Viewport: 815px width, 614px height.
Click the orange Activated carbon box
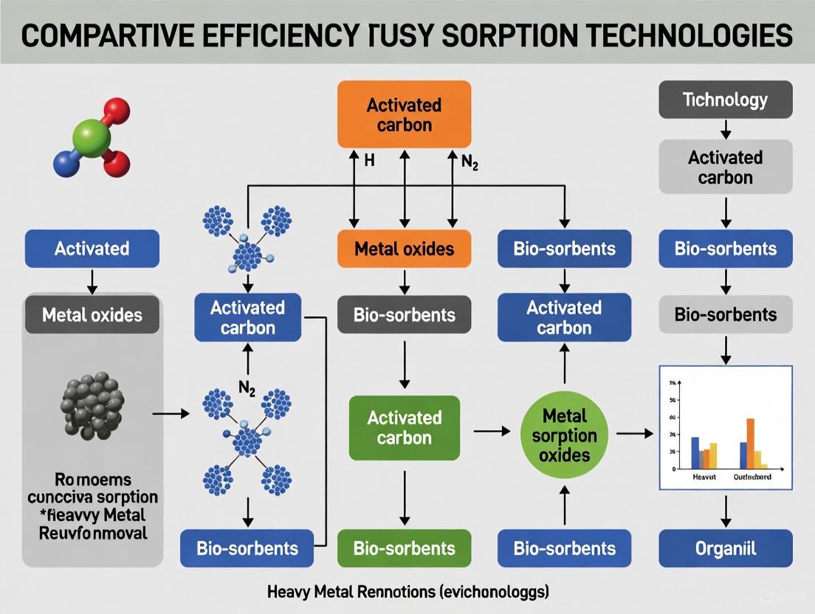tap(404, 114)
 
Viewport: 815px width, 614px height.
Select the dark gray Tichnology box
tap(725, 100)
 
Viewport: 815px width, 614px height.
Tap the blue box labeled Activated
tap(92, 248)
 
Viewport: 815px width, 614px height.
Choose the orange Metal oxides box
tap(404, 248)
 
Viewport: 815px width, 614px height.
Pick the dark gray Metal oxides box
tap(92, 315)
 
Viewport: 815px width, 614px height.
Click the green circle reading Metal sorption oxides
tap(564, 435)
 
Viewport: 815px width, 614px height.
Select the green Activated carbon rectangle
tap(404, 428)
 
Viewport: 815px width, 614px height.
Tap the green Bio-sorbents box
tap(404, 548)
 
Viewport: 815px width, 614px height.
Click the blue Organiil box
tap(725, 548)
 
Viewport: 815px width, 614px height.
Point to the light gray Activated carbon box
tap(725, 167)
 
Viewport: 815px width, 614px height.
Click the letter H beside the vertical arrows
tap(370, 160)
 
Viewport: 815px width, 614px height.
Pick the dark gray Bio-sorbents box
tap(404, 315)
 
